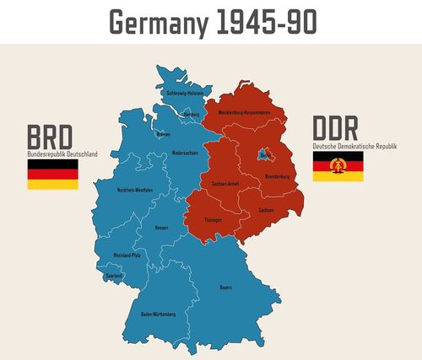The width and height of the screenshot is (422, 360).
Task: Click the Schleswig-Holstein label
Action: click(x=183, y=94)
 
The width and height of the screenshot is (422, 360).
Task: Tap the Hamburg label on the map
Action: click(x=191, y=115)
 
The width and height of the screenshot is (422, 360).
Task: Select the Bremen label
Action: click(x=163, y=134)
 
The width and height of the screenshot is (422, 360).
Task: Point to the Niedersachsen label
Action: click(x=184, y=153)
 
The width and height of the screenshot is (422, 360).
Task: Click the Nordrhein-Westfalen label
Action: click(x=135, y=190)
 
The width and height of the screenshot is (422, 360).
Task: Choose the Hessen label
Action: click(x=161, y=227)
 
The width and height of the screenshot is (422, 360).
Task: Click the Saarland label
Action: click(x=114, y=275)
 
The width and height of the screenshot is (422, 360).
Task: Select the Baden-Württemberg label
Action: click(x=158, y=314)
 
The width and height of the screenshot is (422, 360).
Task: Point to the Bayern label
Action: click(x=225, y=287)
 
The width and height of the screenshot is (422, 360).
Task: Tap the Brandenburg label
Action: click(x=277, y=176)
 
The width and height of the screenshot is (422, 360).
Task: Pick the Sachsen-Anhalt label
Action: click(x=227, y=183)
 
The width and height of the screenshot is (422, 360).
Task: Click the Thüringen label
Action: click(x=213, y=219)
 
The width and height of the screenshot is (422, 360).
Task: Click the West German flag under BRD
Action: click(x=53, y=175)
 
